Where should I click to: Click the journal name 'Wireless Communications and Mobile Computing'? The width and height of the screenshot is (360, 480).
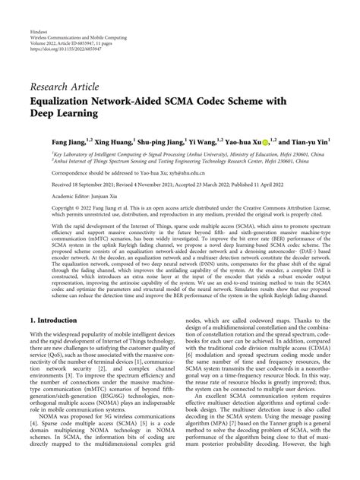(81, 21)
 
